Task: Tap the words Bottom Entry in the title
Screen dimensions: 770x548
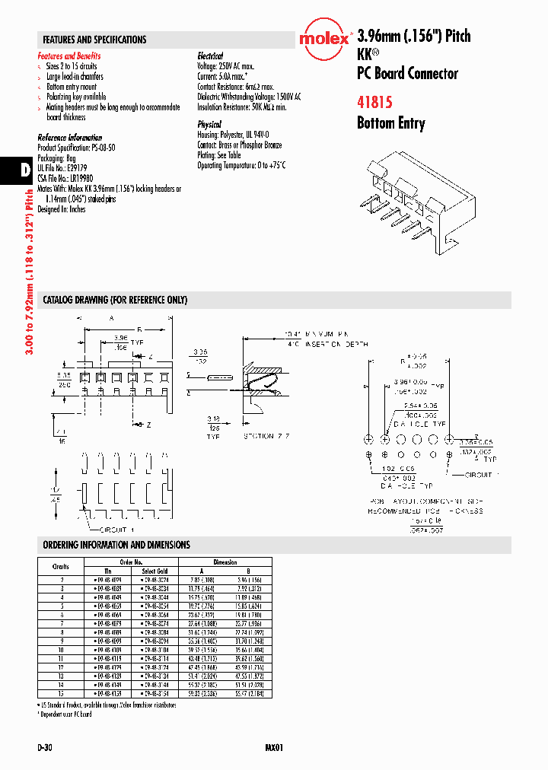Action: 390,123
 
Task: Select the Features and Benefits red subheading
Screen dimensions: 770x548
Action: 69,56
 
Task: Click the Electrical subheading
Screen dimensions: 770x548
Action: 210,56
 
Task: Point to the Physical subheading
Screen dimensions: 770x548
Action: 209,124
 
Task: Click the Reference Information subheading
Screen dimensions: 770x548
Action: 69,138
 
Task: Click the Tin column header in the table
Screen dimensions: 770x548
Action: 108,571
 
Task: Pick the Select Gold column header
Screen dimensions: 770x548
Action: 155,571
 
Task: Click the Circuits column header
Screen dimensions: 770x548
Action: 61,566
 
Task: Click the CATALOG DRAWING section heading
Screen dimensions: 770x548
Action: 115,300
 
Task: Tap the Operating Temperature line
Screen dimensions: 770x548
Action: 241,165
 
